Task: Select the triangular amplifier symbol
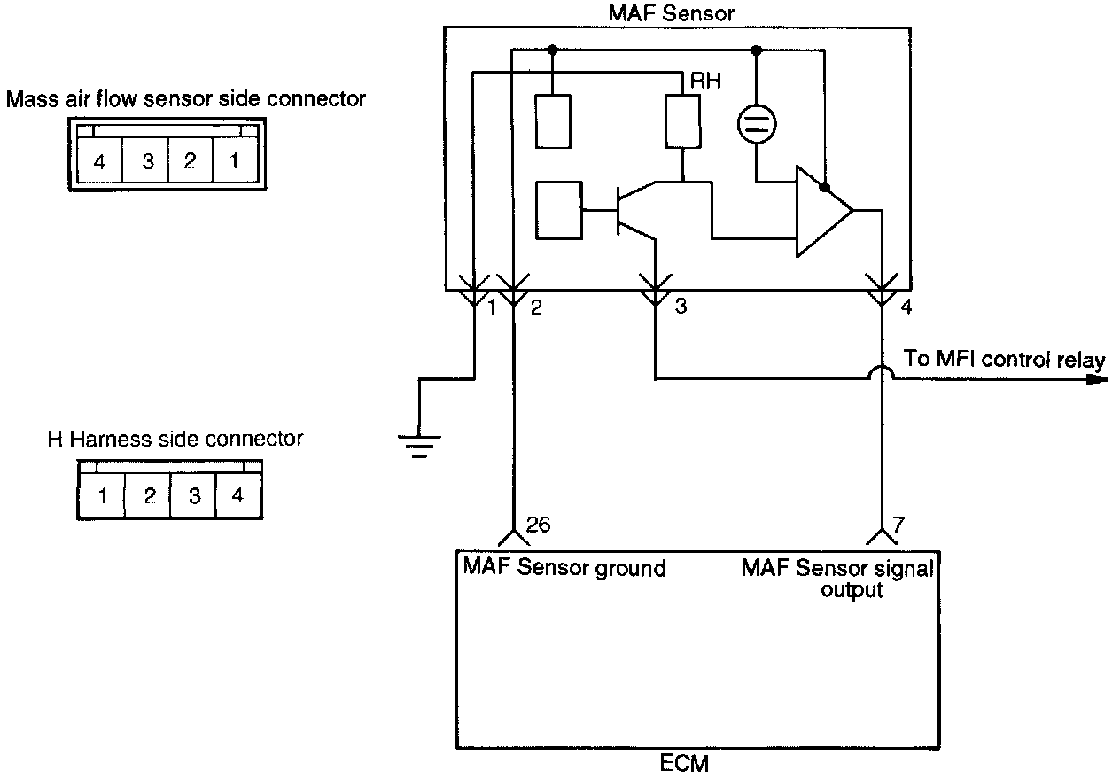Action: pyautogui.click(x=823, y=211)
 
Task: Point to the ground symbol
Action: pyautogui.click(x=417, y=444)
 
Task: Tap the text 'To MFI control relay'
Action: pyautogui.click(x=1004, y=360)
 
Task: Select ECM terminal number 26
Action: pyautogui.click(x=538, y=525)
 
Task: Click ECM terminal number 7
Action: pyautogui.click(x=898, y=525)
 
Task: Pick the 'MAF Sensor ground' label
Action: pyautogui.click(x=564, y=567)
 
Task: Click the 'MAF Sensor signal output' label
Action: pyautogui.click(x=837, y=578)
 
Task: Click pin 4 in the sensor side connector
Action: pyautogui.click(x=99, y=162)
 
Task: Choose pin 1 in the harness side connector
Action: pyautogui.click(x=103, y=496)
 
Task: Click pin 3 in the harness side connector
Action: pyautogui.click(x=194, y=496)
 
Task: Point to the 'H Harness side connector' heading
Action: pyautogui.click(x=175, y=439)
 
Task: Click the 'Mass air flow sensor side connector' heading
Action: pyautogui.click(x=186, y=99)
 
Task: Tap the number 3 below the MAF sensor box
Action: pyautogui.click(x=681, y=307)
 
